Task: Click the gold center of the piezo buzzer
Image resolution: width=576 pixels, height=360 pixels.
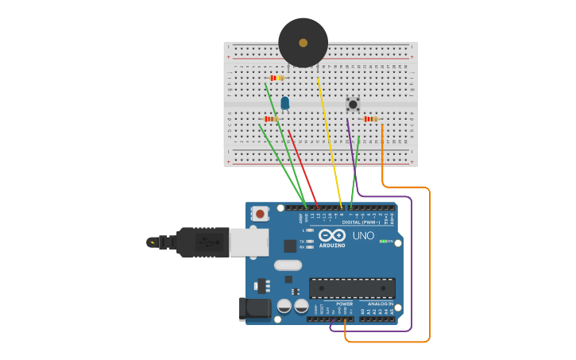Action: (303, 42)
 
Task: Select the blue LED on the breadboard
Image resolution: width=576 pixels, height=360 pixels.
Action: (285, 103)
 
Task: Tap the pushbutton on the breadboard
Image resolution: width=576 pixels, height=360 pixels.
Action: (353, 104)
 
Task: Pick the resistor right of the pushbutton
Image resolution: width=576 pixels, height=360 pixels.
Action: (369, 119)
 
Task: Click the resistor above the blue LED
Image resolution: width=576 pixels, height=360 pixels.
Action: (276, 78)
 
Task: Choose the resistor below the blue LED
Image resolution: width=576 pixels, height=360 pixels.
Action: (271, 119)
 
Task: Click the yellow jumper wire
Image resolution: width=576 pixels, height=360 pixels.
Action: (330, 143)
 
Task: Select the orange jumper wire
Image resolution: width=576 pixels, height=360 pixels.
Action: (429, 262)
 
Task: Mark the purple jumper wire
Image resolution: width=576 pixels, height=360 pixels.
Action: (412, 262)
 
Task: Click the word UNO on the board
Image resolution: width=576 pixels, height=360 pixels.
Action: (363, 236)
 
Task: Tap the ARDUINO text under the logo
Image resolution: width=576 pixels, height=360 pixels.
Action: (332, 245)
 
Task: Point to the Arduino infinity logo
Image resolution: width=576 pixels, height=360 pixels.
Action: (331, 235)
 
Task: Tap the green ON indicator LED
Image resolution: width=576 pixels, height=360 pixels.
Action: (382, 241)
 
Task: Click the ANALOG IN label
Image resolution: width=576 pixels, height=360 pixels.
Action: (380, 304)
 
